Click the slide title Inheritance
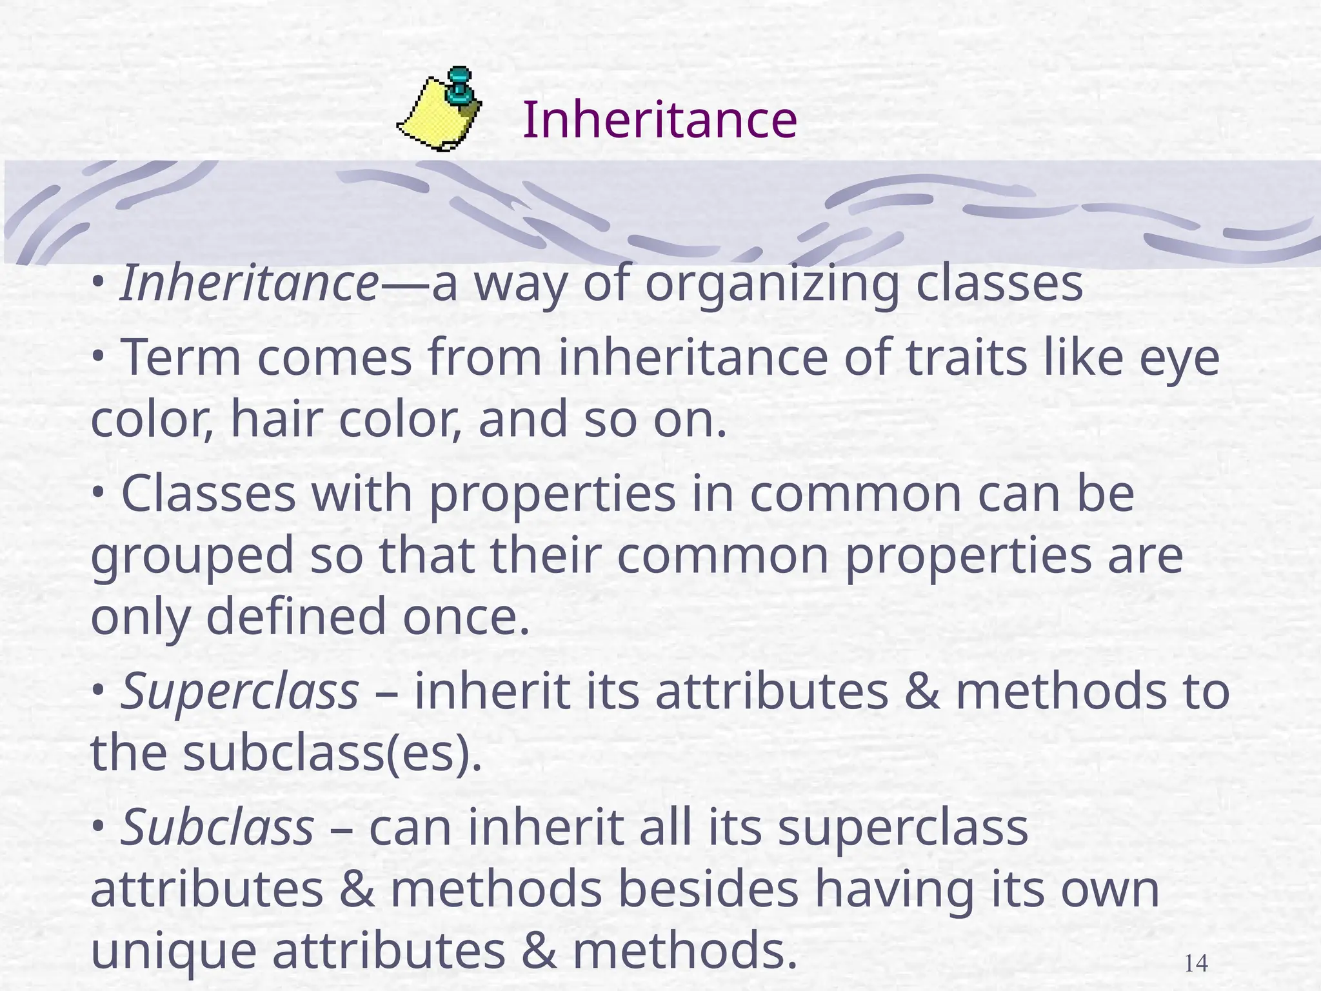pyautogui.click(x=659, y=120)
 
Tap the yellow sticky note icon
pyautogui.click(x=433, y=116)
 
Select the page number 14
pyautogui.click(x=1197, y=964)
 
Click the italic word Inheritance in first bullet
pyautogui.click(x=249, y=284)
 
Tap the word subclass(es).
pyautogui.click(x=333, y=754)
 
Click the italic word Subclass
pyautogui.click(x=217, y=829)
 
